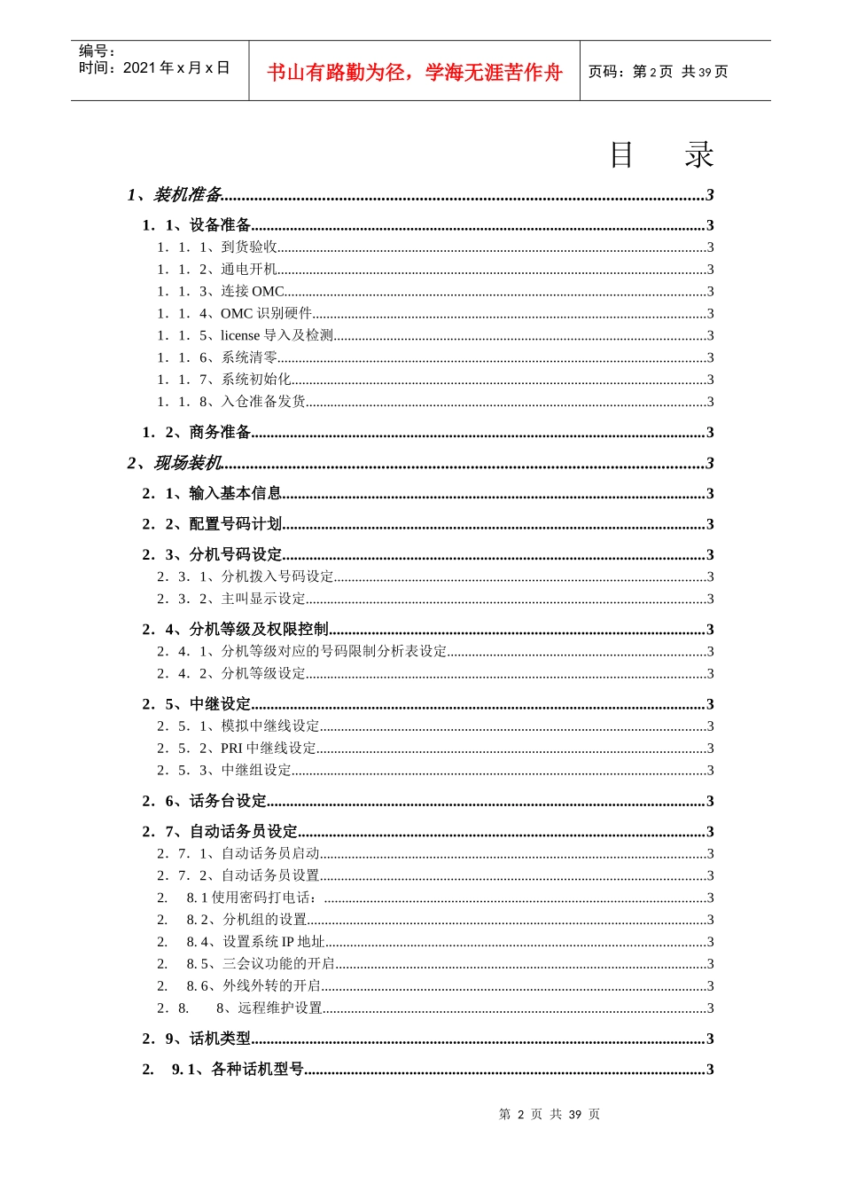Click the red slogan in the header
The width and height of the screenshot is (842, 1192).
415,72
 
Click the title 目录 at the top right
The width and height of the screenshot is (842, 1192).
661,155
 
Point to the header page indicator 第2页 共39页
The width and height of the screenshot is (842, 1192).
659,72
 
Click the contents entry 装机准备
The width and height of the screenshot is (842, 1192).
187,195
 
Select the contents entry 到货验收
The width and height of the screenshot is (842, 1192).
249,247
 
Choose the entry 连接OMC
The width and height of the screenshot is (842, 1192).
253,292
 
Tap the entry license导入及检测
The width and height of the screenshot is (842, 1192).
277,335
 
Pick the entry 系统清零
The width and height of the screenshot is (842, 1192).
249,357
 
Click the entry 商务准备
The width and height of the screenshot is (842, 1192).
220,433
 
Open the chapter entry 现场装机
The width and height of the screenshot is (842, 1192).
187,463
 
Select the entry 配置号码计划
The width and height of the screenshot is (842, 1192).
235,524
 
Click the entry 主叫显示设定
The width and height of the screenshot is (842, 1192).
263,599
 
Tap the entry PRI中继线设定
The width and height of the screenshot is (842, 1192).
269,749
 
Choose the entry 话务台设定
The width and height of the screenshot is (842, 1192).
228,801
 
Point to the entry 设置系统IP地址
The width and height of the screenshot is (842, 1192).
273,942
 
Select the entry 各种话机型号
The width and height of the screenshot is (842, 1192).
257,1070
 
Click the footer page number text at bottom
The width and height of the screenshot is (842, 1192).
550,1115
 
